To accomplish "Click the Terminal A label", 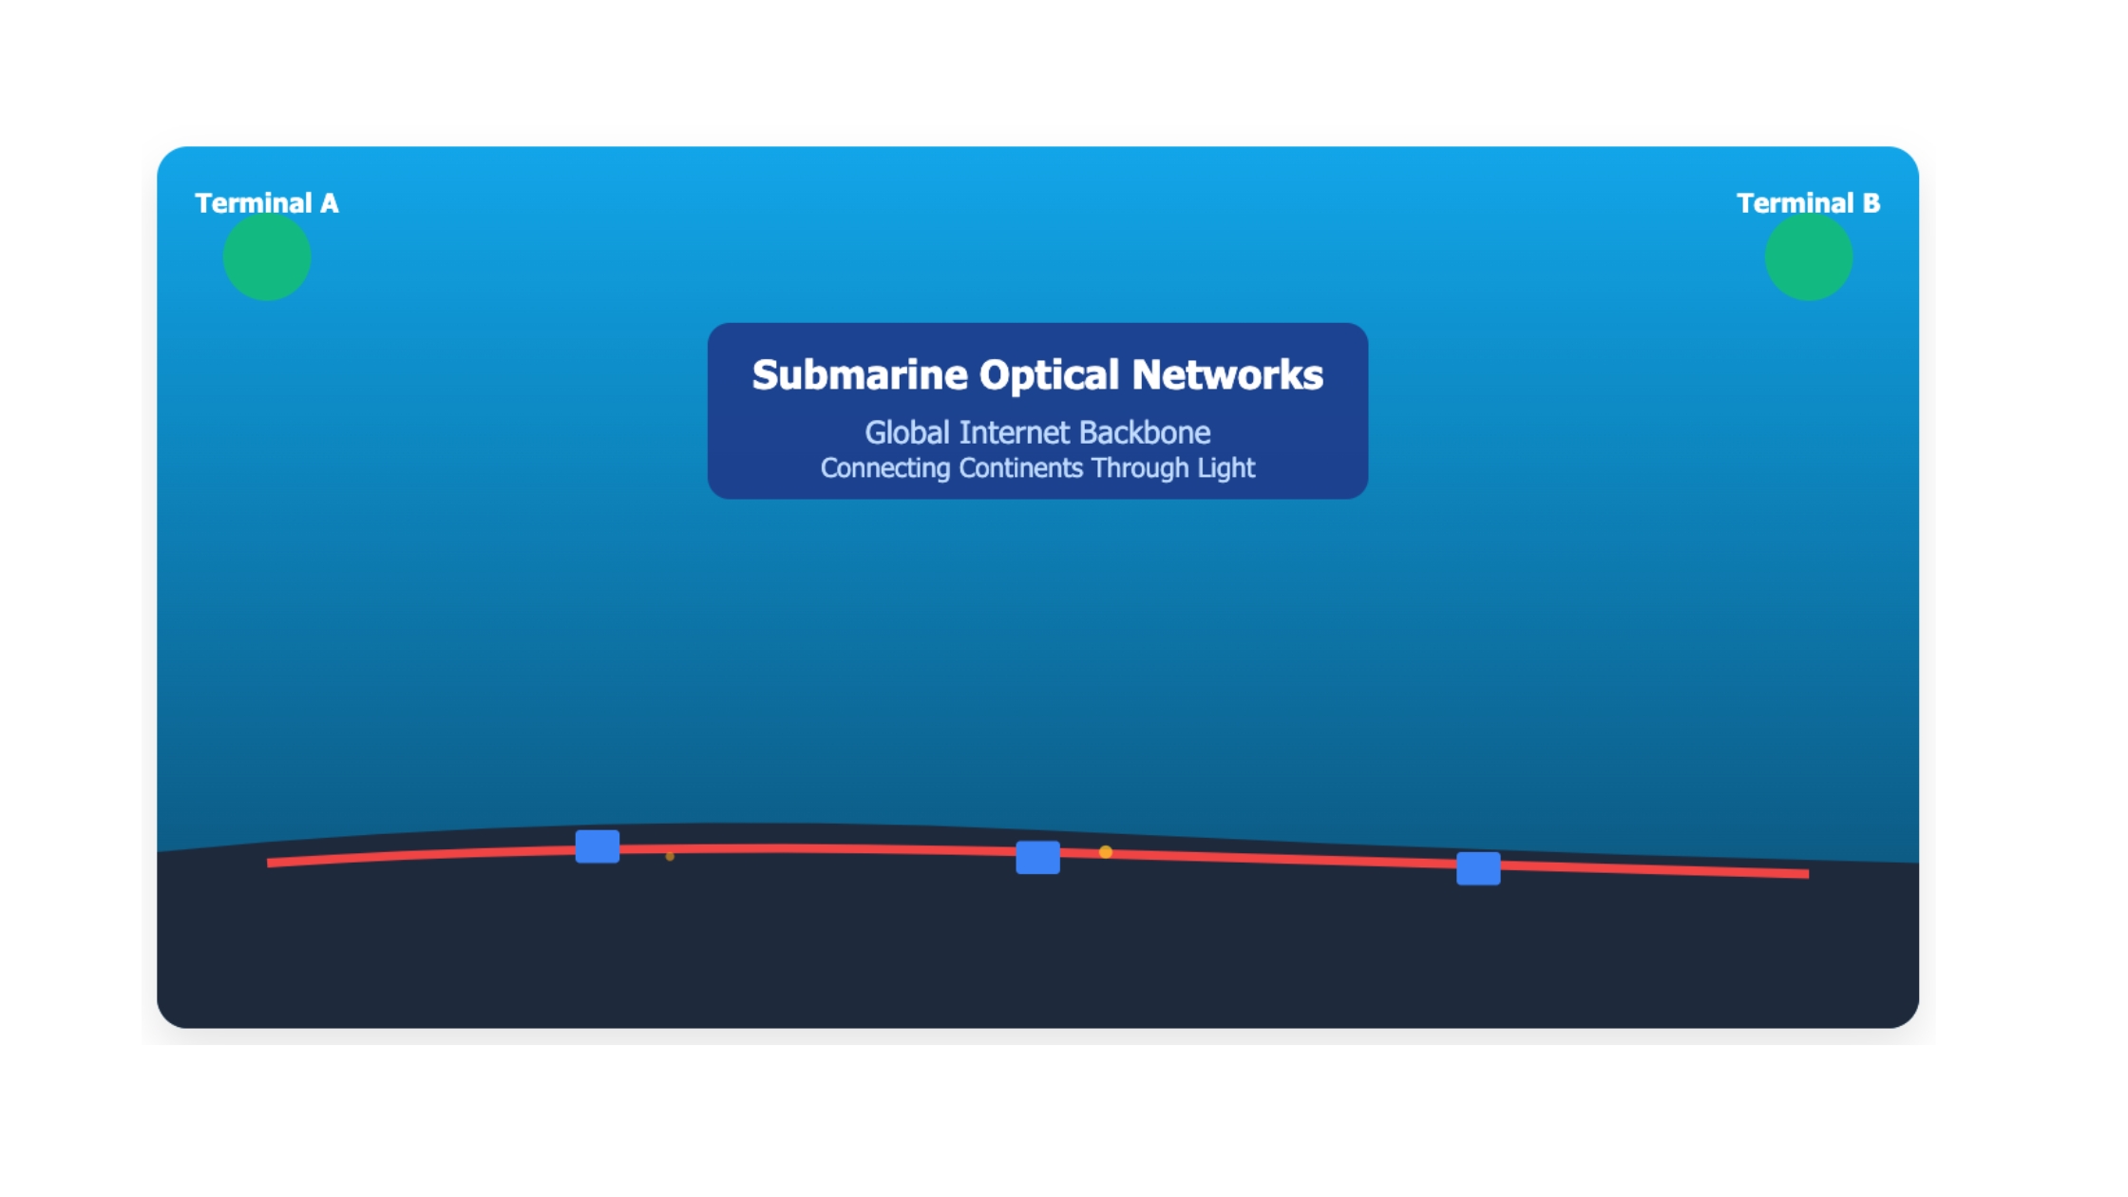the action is (266, 203).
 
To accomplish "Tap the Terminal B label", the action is (1808, 203).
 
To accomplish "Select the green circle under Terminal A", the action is (267, 256).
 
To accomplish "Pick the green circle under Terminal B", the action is (1809, 256).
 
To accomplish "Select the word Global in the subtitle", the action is (907, 433).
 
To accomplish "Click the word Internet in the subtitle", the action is (1015, 433).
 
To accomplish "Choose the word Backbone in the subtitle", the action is (1145, 433).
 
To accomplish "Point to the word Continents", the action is (1020, 468).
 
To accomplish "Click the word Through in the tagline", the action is (1140, 469).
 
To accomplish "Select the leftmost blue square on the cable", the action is (598, 846).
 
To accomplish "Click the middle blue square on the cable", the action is (1038, 858).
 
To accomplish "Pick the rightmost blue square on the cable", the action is (1478, 868).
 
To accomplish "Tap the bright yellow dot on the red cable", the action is (1106, 852).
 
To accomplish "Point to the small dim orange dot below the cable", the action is (670, 857).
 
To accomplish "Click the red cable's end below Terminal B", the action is (1807, 873).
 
